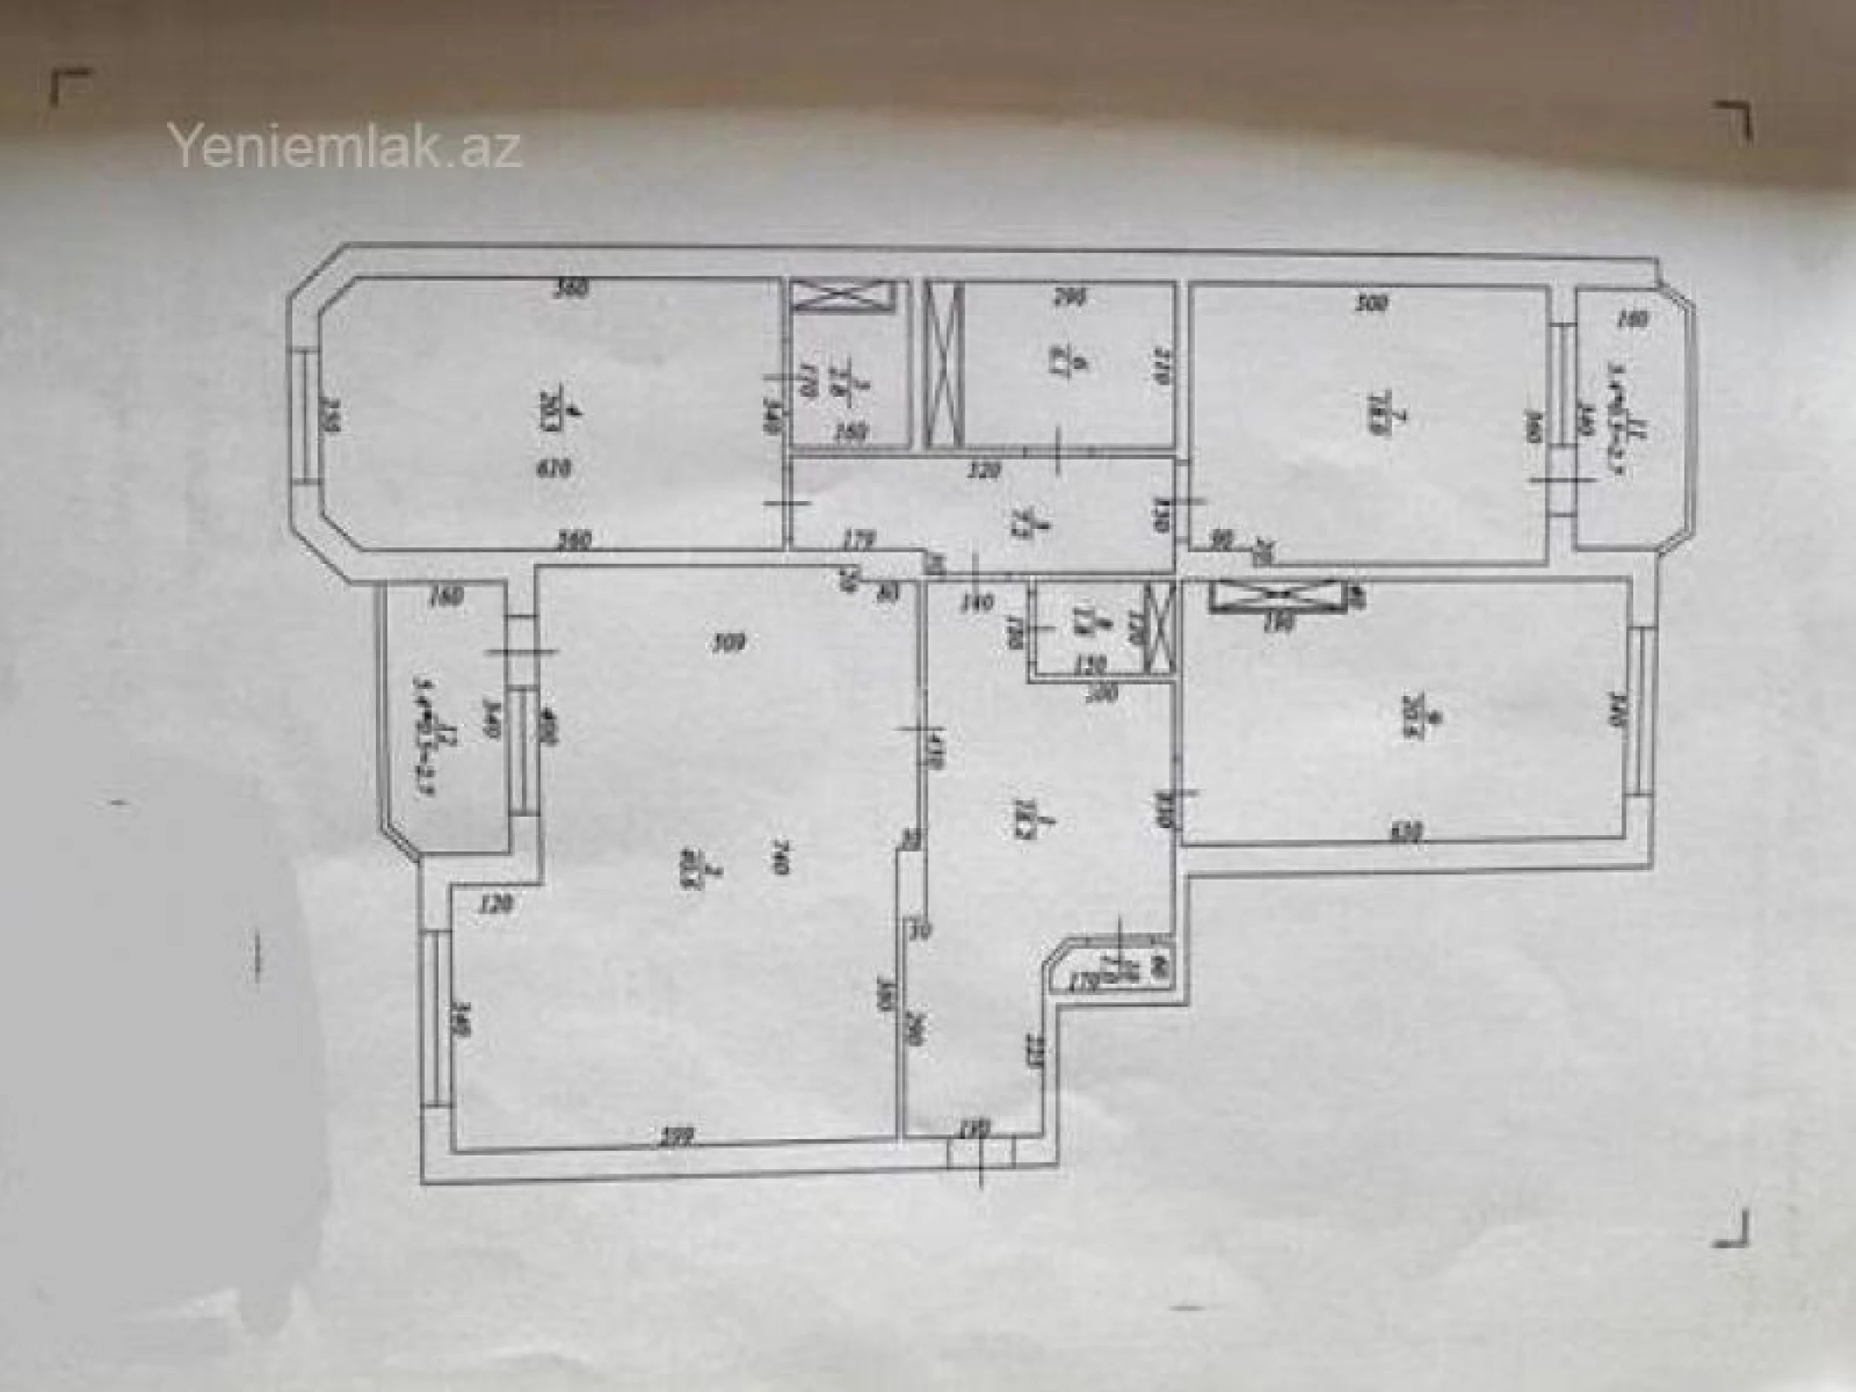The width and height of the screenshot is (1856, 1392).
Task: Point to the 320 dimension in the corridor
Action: click(984, 472)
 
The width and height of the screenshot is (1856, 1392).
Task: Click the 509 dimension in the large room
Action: click(729, 644)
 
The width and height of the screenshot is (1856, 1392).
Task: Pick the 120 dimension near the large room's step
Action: click(495, 905)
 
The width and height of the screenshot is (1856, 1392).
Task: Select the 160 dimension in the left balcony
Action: click(444, 598)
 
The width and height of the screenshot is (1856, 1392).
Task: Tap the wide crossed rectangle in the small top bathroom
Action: click(843, 296)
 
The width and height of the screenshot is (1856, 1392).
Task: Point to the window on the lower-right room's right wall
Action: click(1641, 713)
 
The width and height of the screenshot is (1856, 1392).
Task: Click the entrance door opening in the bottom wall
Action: click(982, 1154)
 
